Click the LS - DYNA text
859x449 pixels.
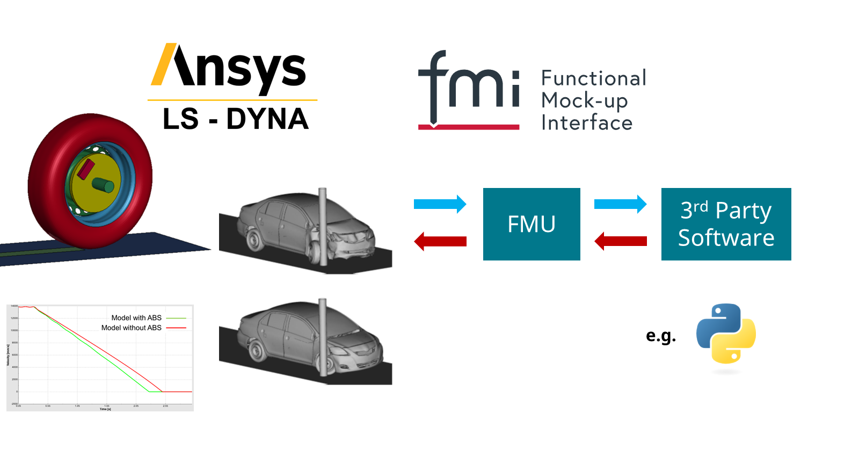point(236,119)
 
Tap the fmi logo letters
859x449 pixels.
point(469,86)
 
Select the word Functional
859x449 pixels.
point(593,78)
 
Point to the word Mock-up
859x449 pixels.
point(584,100)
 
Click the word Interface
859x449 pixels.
point(587,123)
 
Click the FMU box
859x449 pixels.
point(532,224)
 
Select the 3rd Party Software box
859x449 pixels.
point(726,224)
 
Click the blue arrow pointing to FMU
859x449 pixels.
point(440,204)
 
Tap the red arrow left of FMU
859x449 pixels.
point(440,241)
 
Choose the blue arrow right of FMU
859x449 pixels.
point(620,204)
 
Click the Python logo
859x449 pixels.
point(726,334)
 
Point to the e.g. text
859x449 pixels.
point(661,336)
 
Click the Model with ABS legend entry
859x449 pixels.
point(136,318)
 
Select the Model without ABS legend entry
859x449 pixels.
point(132,328)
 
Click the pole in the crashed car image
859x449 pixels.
point(322,226)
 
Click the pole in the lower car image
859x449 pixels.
point(322,338)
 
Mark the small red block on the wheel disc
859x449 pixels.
point(86,169)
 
